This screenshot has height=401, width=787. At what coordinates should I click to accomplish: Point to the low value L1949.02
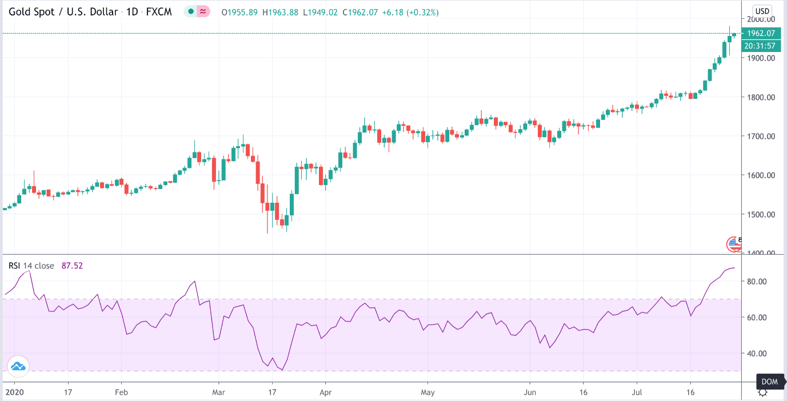[x=320, y=12]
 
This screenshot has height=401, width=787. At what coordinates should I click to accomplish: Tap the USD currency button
[x=762, y=11]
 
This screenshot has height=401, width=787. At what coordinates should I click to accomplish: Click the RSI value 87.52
[x=73, y=266]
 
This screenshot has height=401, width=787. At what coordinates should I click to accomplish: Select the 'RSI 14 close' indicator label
[x=31, y=266]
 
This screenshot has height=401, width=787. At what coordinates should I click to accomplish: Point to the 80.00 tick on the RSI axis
[x=756, y=282]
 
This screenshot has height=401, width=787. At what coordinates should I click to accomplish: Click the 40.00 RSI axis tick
[x=756, y=354]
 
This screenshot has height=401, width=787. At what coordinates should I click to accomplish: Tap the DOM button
[x=769, y=382]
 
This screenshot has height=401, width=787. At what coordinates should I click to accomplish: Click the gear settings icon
[x=762, y=392]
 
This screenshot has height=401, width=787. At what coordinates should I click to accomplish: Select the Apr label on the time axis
[x=325, y=393]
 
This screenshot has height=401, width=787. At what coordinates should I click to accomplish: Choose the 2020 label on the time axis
[x=13, y=393]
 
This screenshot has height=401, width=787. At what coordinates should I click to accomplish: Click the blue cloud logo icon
[x=18, y=366]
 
